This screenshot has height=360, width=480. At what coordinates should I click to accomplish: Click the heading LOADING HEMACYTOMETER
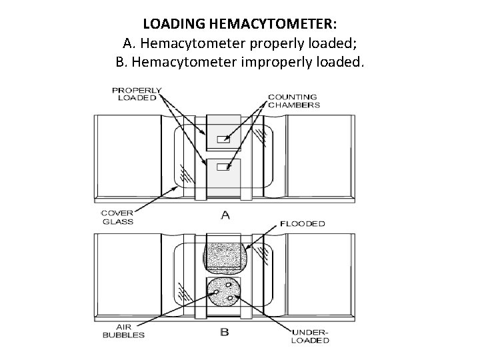point(240,24)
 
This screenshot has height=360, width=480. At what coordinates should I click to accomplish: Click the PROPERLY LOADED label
point(137,93)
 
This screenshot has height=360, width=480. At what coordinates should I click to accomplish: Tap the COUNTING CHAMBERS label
point(293,101)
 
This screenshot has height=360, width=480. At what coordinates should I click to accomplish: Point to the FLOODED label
point(303,223)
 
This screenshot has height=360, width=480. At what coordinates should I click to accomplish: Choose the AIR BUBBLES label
point(123,331)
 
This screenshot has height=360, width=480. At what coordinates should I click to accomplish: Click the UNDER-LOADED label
point(311,335)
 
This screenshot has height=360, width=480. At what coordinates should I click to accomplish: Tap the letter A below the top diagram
point(224,215)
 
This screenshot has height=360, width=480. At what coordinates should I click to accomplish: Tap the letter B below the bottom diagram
point(224,331)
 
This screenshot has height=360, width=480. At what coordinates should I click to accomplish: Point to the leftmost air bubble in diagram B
point(215,292)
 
